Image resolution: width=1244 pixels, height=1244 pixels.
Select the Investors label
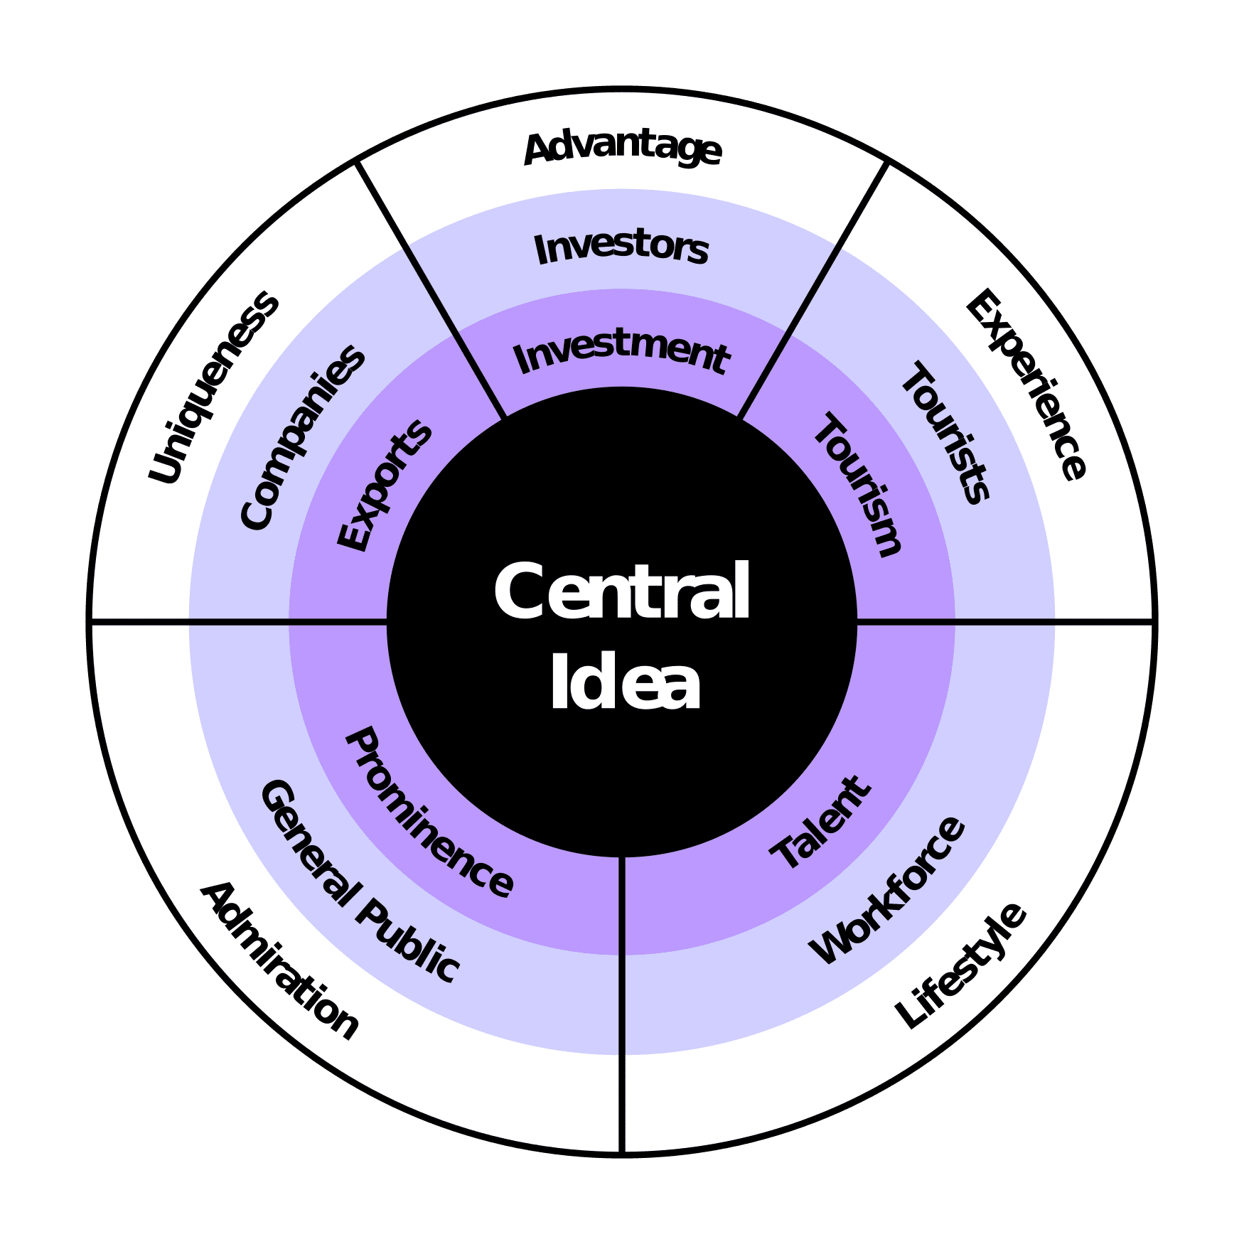621,248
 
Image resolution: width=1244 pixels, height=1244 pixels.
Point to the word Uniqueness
213,387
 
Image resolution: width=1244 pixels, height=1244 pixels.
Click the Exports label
385,486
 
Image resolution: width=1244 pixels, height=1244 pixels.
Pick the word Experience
1026,385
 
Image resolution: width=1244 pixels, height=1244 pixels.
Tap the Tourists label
945,432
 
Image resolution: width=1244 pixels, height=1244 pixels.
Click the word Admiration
280,960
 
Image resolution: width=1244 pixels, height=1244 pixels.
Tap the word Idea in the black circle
625,682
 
